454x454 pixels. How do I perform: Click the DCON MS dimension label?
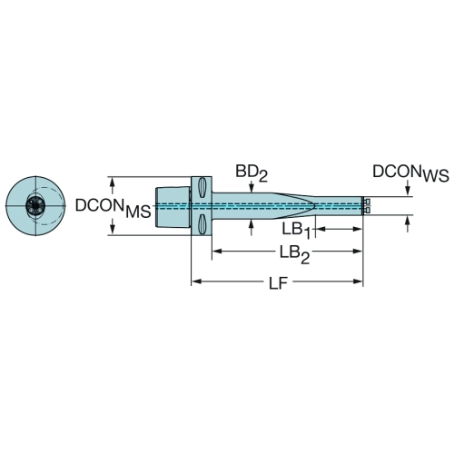click(x=113, y=207)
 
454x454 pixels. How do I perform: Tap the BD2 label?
click(x=252, y=173)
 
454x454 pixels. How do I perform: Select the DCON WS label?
click(x=410, y=173)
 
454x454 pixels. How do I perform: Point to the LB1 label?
click(x=297, y=231)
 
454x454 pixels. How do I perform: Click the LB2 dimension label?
click(x=294, y=254)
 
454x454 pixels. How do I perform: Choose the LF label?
click(x=278, y=283)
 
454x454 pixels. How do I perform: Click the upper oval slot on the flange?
click(x=202, y=187)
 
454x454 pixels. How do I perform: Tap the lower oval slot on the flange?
click(x=202, y=224)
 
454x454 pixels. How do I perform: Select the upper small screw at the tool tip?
click(x=367, y=202)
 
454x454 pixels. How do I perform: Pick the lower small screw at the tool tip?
click(x=367, y=210)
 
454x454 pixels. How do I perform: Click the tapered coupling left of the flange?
click(x=173, y=206)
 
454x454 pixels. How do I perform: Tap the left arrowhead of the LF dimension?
click(x=197, y=281)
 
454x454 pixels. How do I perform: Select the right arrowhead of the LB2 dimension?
click(x=357, y=252)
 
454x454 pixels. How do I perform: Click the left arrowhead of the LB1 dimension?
click(x=321, y=229)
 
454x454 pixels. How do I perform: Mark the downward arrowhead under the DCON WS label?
click(x=408, y=191)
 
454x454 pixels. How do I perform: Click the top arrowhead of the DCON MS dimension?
click(x=113, y=183)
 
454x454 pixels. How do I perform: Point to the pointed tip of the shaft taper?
click(x=315, y=206)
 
